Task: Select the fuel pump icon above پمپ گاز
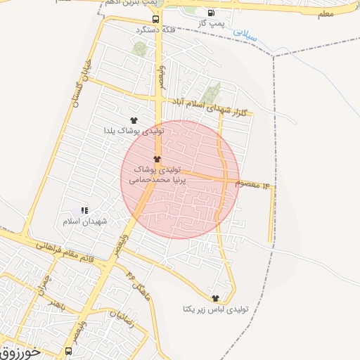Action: click(212, 13)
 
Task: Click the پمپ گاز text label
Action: click(212, 24)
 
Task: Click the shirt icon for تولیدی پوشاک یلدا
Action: click(134, 120)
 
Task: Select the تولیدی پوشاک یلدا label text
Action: click(134, 131)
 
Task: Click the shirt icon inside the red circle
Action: click(157, 159)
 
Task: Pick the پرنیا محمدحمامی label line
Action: click(155, 181)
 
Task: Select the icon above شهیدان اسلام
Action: click(84, 210)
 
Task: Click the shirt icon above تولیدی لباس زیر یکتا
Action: click(215, 298)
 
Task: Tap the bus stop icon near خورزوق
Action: click(69, 350)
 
